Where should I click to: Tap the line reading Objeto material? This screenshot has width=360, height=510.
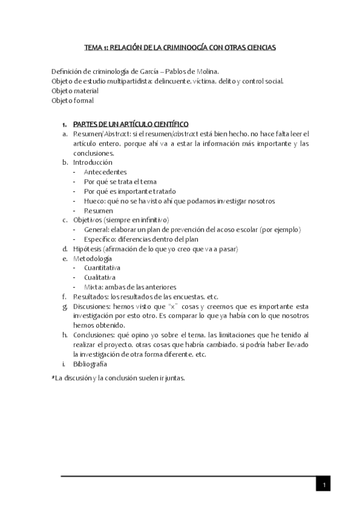click(75, 90)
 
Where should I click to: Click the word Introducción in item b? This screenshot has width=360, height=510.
click(93, 162)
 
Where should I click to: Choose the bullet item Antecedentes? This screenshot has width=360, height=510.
click(105, 172)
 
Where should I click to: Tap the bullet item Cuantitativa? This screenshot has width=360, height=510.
click(102, 268)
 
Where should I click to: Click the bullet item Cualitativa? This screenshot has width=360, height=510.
click(100, 277)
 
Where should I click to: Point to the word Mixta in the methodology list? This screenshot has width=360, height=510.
click(93, 287)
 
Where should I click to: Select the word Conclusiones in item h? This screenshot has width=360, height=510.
click(94, 335)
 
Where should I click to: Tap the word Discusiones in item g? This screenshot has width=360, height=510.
click(92, 306)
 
